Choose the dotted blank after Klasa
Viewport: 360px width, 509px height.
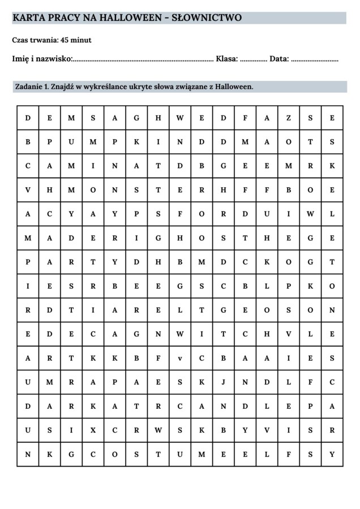tap(253, 59)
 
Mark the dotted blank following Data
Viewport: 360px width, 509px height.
tap(315, 59)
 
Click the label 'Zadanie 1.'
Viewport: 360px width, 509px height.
tap(31, 87)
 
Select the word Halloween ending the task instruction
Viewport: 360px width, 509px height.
tap(233, 87)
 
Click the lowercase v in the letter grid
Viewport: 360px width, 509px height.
tap(179, 357)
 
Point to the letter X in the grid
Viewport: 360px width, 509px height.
tap(93, 430)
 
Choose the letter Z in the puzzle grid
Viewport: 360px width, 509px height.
tap(289, 118)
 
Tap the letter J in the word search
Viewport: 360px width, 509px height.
tap(224, 382)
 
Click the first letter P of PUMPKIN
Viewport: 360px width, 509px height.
tap(49, 142)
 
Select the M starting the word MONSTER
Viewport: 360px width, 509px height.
tap(71, 190)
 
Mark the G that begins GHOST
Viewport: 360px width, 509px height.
tap(158, 238)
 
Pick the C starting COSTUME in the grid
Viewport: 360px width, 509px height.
tap(93, 454)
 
